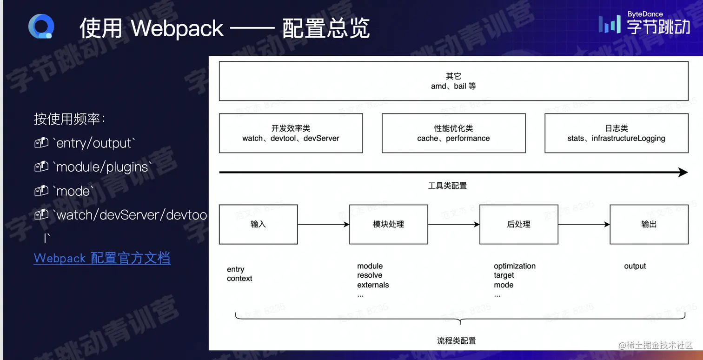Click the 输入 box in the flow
click(x=258, y=224)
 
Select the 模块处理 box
click(x=388, y=224)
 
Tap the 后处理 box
click(x=518, y=224)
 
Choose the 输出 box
click(x=649, y=224)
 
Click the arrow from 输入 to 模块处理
click(x=323, y=225)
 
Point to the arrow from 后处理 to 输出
click(x=584, y=225)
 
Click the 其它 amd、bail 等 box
click(x=453, y=81)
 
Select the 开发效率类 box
click(x=291, y=133)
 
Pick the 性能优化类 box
click(x=453, y=133)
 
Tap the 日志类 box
click(x=616, y=133)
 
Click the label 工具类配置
click(x=447, y=186)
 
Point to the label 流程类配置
click(x=457, y=341)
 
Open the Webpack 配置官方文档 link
click(x=102, y=258)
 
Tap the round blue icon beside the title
click(x=41, y=27)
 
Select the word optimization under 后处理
click(x=515, y=266)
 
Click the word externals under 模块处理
click(x=373, y=285)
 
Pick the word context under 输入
click(x=239, y=279)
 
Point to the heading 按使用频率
click(x=69, y=119)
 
